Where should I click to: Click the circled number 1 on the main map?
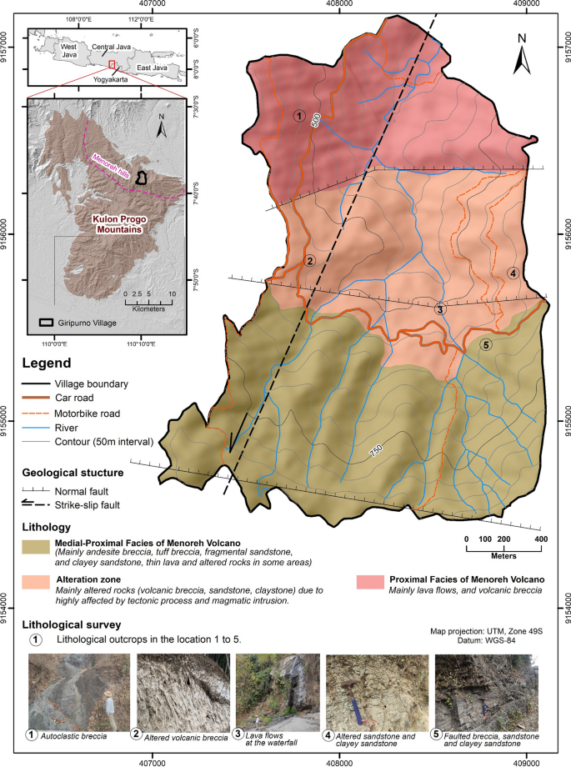[298, 116]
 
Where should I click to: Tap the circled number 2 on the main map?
[309, 261]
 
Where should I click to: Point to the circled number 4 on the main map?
[513, 273]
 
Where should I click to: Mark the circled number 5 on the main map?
[487, 344]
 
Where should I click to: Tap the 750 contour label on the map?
[376, 451]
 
